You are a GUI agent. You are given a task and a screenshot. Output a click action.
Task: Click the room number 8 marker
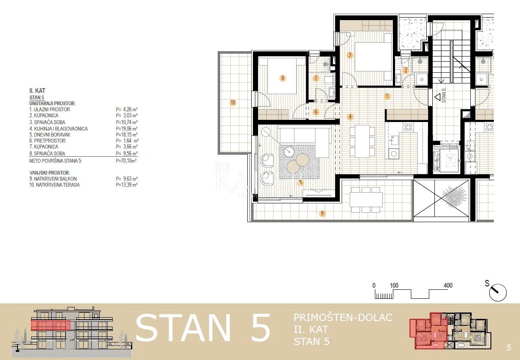click(282, 78)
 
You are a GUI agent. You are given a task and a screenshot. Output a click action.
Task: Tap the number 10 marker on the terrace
click(233, 102)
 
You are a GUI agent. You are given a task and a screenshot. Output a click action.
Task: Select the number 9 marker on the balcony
click(322, 213)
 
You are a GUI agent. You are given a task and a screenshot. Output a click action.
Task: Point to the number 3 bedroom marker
click(350, 55)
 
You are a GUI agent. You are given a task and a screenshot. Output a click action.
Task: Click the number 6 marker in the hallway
click(316, 112)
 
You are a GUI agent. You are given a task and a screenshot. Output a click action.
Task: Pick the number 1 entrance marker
click(387, 96)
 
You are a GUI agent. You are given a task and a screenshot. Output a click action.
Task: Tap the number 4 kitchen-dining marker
click(350, 116)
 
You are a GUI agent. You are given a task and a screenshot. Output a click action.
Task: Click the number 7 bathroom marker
click(316, 78)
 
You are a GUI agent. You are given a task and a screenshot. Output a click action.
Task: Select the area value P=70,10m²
click(126, 161)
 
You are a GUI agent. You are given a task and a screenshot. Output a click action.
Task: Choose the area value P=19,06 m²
click(127, 128)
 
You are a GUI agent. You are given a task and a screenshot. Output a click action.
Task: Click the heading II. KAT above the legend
click(37, 91)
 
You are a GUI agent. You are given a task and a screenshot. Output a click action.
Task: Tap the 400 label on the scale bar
click(448, 285)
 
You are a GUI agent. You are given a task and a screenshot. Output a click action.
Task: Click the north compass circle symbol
click(498, 293)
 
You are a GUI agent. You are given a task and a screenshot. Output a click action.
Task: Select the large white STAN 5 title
click(203, 328)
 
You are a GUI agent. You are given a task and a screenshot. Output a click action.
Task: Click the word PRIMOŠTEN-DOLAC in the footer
click(343, 318)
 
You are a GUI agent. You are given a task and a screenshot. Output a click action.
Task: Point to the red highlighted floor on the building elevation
click(51, 325)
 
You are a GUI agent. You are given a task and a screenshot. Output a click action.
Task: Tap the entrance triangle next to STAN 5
click(438, 97)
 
